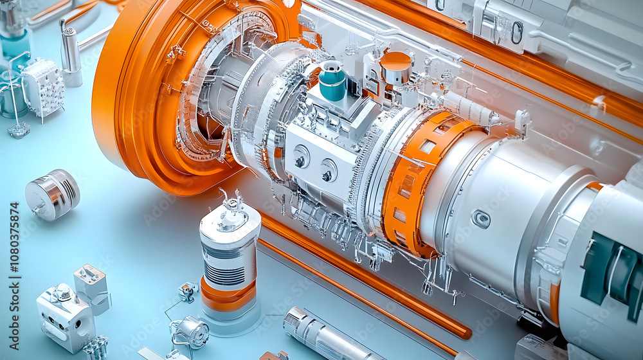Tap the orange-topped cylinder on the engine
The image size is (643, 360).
click(x=395, y=67)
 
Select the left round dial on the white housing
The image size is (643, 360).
click(x=300, y=157)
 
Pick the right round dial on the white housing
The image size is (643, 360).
click(x=328, y=170)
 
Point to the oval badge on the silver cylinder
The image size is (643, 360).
click(x=481, y=219)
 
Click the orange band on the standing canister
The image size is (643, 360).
click(x=228, y=297)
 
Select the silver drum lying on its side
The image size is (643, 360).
click(x=53, y=194)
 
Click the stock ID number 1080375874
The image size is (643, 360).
click(x=14, y=257)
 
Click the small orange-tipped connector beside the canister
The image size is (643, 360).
click(x=188, y=291)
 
